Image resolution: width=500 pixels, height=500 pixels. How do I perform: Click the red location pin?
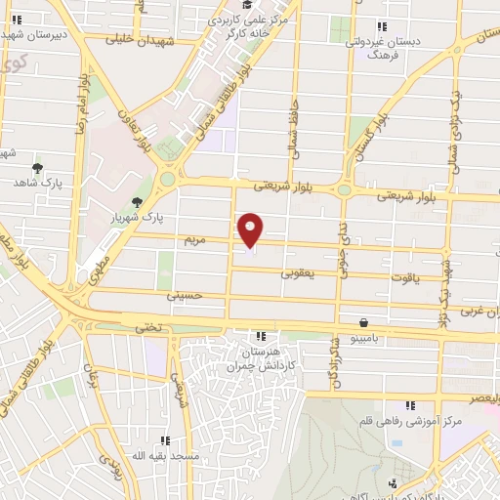(251, 230)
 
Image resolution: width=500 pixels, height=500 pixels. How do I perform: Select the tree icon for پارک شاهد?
(37, 168)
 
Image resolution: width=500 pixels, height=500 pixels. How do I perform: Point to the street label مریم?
(196, 238)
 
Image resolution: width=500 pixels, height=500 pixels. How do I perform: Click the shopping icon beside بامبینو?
(363, 321)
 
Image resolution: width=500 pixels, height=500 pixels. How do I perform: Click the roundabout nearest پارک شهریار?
(168, 178)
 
